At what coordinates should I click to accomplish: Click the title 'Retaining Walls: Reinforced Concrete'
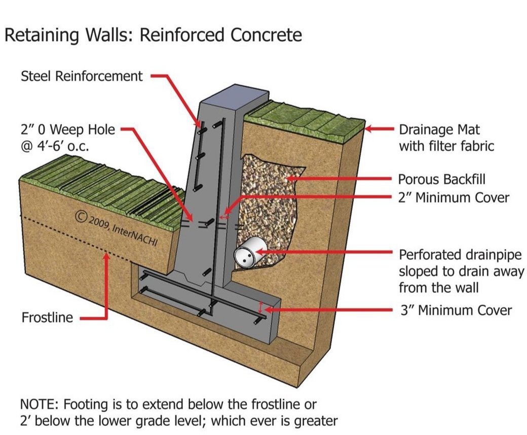[x=153, y=35]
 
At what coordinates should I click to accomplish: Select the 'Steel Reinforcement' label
[x=82, y=76]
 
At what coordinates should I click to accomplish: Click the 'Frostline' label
[x=47, y=318]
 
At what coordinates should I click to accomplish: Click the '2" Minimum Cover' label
[x=454, y=197]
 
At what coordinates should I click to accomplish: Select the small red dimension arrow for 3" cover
[x=261, y=307]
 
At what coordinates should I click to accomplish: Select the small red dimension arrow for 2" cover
[x=223, y=216]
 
